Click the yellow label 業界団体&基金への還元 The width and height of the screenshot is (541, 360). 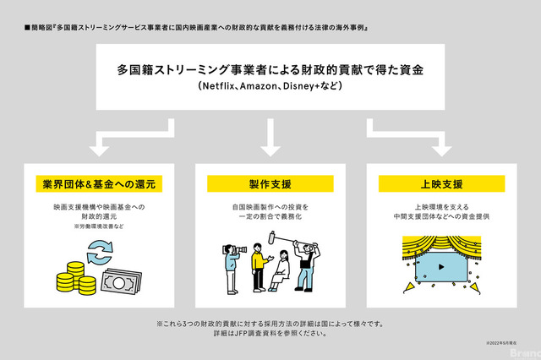click(98, 183)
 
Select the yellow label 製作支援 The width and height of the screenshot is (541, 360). click(270, 183)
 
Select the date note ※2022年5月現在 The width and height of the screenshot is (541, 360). click(500, 342)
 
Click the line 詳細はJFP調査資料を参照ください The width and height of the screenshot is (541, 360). click(270, 333)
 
